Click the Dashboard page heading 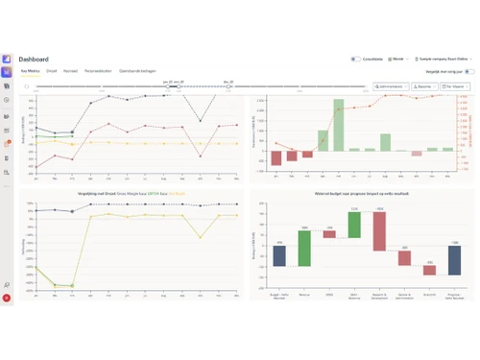point(34,60)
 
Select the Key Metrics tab point(30,71)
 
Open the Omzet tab point(52,71)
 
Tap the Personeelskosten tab point(99,71)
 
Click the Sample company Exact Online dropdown point(445,60)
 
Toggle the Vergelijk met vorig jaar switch point(469,71)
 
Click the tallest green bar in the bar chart point(339,125)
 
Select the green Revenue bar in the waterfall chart point(304,249)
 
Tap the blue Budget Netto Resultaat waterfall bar point(279,255)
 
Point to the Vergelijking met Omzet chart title point(128,193)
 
